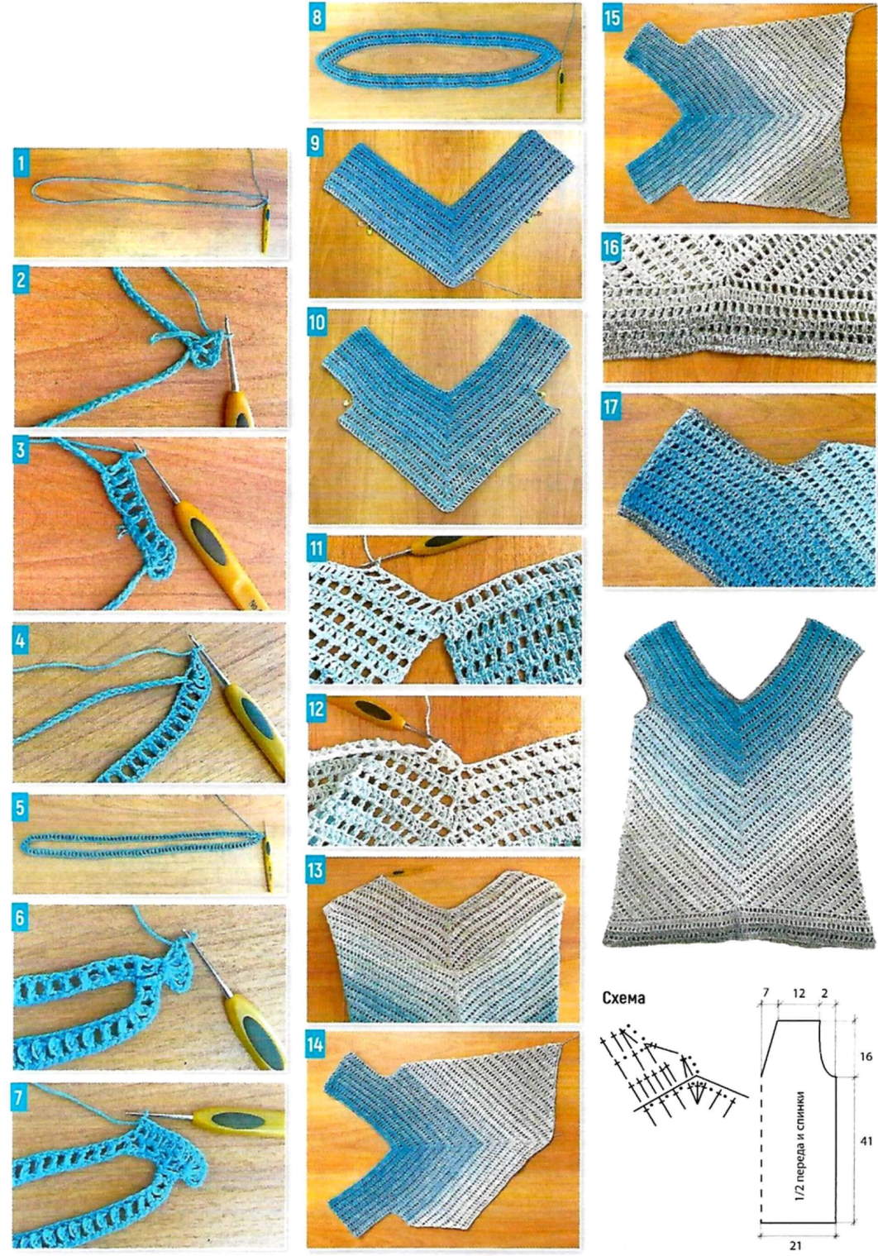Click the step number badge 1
[x=21, y=165]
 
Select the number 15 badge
[x=613, y=17]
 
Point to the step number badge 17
[x=613, y=407]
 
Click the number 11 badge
[x=317, y=548]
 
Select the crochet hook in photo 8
[x=559, y=88]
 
